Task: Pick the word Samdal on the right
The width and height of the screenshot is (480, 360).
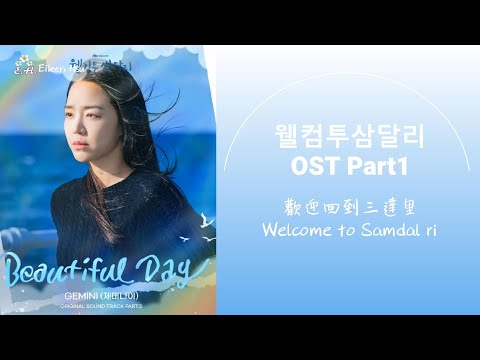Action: (x=383, y=229)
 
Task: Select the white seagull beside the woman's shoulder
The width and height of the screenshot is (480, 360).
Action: (x=205, y=218)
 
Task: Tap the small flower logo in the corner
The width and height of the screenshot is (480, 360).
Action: (x=15, y=69)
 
